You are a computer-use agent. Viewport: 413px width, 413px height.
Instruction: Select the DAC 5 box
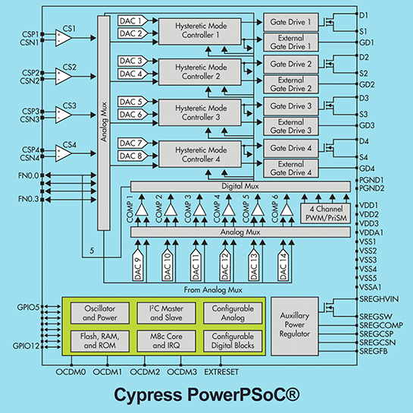coord(131,102)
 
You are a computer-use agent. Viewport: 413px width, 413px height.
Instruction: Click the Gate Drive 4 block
coord(291,149)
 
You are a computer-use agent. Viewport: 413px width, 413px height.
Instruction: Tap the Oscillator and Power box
coord(98,313)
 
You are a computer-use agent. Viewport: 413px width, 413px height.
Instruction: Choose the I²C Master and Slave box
coord(164,313)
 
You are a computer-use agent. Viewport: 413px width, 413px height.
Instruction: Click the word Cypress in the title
coord(149,396)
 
